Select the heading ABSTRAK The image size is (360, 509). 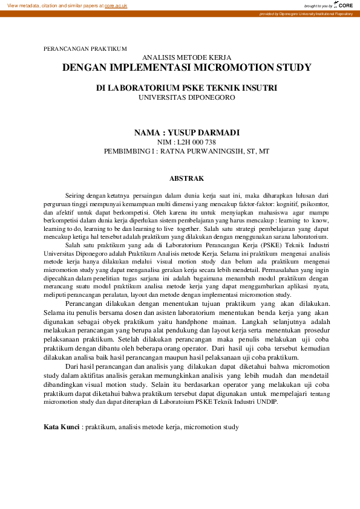(186, 178)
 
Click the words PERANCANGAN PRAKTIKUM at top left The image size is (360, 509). (85, 48)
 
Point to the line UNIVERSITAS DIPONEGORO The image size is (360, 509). (186, 97)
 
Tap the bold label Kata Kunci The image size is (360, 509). (62, 427)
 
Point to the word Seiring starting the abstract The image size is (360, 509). (76, 195)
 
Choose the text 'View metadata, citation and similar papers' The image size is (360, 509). (52, 5)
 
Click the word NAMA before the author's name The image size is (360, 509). (147, 132)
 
